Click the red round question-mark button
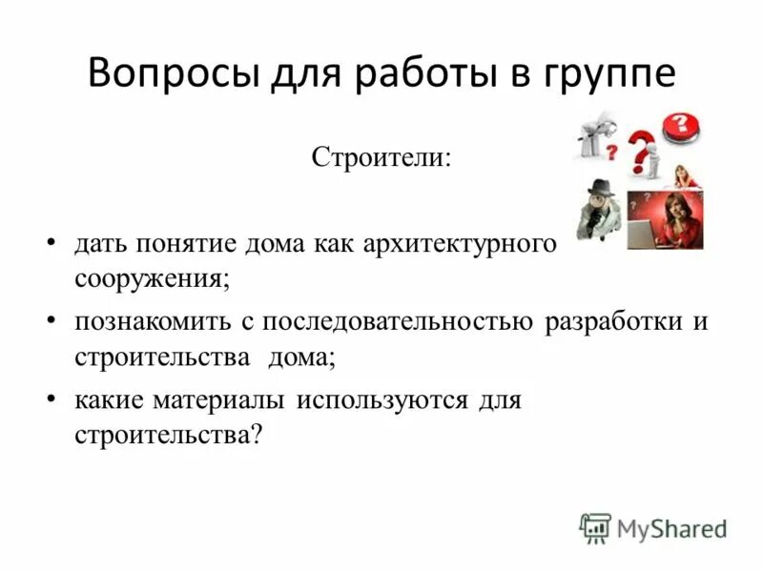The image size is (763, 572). click(681, 126)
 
